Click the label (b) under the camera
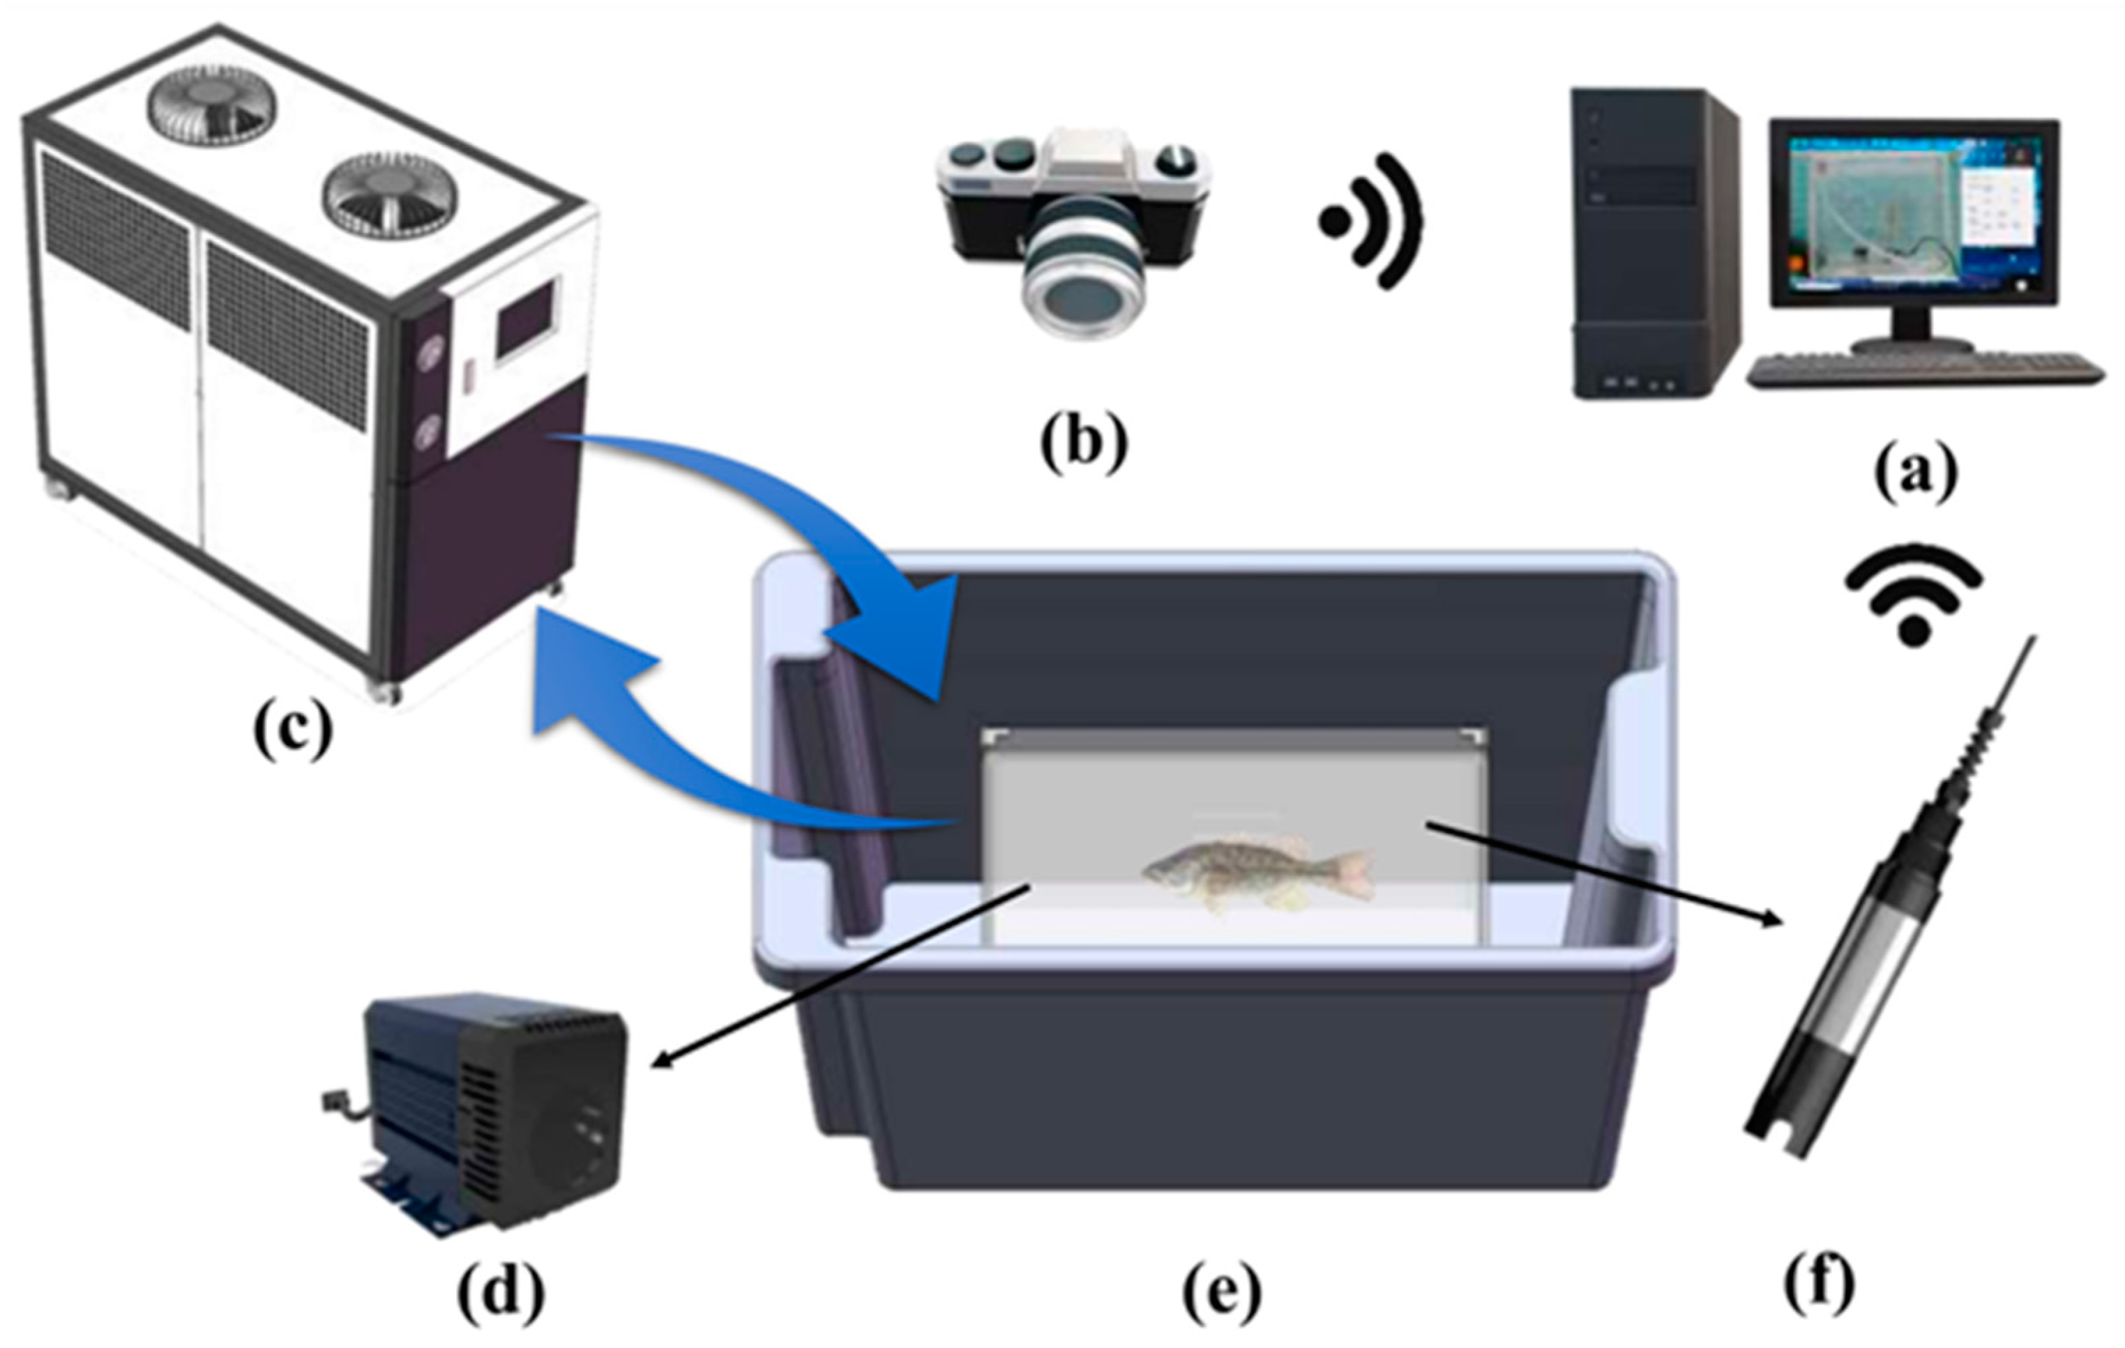pyautogui.click(x=1083, y=445)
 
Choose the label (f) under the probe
pyautogui.click(x=1819, y=1285)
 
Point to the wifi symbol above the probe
pyautogui.click(x=1913, y=595)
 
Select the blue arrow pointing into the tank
pyautogui.click(x=794, y=538)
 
